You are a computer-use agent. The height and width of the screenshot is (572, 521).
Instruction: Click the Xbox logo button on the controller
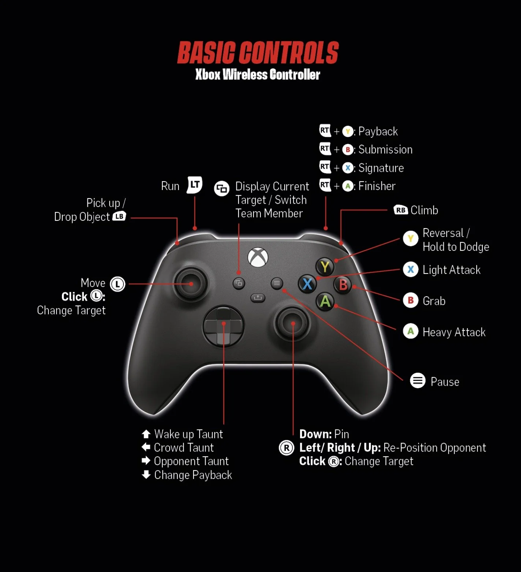[258, 257]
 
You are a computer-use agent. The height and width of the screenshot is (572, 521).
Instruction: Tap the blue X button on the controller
[307, 284]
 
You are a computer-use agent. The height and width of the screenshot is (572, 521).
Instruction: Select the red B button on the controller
[343, 285]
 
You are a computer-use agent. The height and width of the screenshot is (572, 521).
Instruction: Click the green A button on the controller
[325, 301]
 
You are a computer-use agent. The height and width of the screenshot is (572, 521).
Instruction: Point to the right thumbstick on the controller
[292, 323]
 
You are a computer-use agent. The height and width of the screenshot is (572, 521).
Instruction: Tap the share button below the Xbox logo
[258, 298]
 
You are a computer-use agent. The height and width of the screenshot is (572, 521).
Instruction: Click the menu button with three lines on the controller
[277, 283]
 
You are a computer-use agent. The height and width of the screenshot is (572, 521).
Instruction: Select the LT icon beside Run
[195, 185]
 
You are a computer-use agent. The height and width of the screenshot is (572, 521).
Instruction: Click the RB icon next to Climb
[401, 210]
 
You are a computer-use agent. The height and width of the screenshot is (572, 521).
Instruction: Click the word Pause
[445, 382]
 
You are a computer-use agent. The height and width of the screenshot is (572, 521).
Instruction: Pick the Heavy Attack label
[454, 332]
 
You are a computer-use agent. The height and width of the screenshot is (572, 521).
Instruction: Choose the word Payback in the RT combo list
[378, 131]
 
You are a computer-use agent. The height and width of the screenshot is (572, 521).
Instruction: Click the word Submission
[385, 149]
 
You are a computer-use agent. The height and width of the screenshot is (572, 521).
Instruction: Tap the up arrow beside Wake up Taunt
[146, 434]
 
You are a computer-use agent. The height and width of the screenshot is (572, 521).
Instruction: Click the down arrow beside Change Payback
[146, 475]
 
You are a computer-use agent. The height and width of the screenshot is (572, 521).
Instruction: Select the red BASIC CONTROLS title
[258, 53]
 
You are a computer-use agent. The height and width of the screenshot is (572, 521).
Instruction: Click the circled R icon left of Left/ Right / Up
[287, 448]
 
